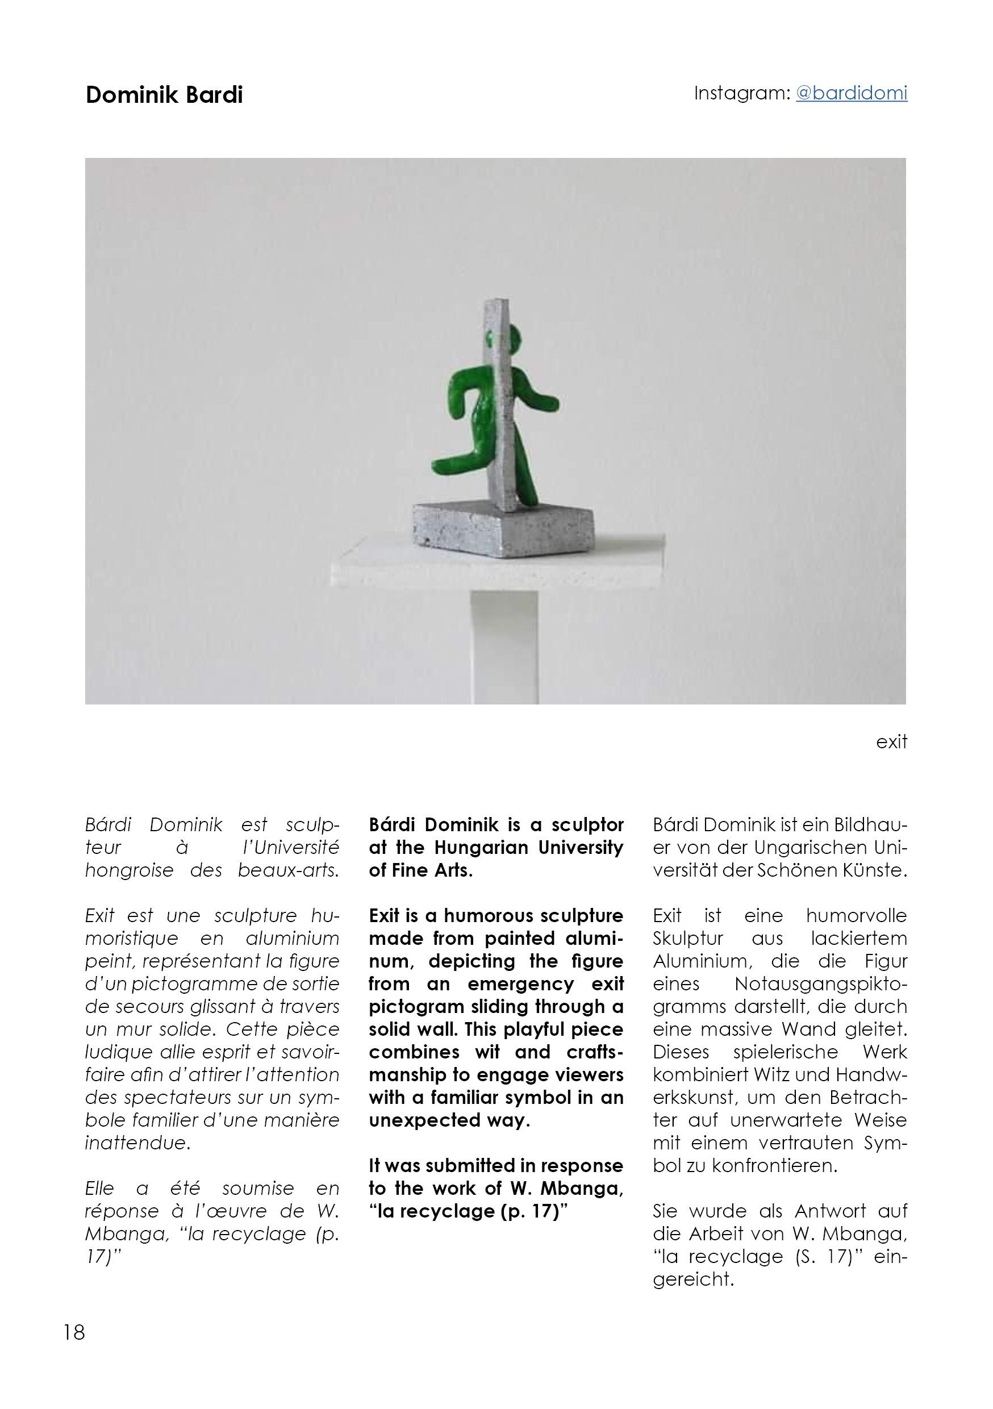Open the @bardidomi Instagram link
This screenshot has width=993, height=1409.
851,93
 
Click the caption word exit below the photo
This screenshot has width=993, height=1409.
891,742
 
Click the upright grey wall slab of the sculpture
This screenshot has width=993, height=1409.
503,405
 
